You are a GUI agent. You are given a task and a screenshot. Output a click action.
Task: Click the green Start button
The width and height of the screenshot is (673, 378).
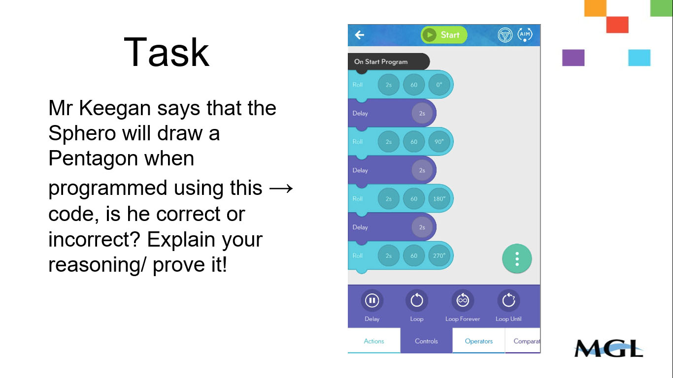point(443,35)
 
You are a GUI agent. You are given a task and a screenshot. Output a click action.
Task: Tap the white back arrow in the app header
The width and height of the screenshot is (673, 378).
point(360,35)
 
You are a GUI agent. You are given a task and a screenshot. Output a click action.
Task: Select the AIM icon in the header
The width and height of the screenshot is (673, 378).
point(525,35)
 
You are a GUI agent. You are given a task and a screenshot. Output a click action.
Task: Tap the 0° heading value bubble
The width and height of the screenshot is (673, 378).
point(439,85)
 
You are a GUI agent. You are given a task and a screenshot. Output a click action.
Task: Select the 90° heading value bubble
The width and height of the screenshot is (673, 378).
point(439,142)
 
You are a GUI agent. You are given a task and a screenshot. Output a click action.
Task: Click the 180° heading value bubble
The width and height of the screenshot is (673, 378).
point(439,199)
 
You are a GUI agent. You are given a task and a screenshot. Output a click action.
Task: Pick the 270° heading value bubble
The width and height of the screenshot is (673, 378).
point(439,256)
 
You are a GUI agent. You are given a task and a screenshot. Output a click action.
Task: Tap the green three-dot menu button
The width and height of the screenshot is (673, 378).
point(517,258)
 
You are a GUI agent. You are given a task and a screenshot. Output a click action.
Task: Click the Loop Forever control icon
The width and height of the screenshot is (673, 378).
point(462,300)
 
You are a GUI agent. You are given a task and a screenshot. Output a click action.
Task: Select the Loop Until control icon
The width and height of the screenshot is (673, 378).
point(508,300)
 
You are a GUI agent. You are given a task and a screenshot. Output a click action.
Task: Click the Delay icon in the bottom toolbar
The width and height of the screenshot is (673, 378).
point(372,300)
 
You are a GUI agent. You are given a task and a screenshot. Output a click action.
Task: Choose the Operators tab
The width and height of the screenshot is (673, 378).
point(478,341)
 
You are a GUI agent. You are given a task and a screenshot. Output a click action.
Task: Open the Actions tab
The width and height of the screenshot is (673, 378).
point(374,341)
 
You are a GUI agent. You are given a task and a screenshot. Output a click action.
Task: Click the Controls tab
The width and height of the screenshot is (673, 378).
point(426,341)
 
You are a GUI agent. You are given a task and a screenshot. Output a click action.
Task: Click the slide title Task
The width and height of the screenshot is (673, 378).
point(167,52)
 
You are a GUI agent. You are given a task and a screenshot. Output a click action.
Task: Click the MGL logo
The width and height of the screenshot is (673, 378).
point(608,348)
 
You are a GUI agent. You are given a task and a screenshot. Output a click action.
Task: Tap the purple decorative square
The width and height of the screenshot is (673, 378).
point(573,58)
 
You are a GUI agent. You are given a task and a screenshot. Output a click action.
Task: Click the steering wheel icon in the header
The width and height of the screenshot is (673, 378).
point(505,35)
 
